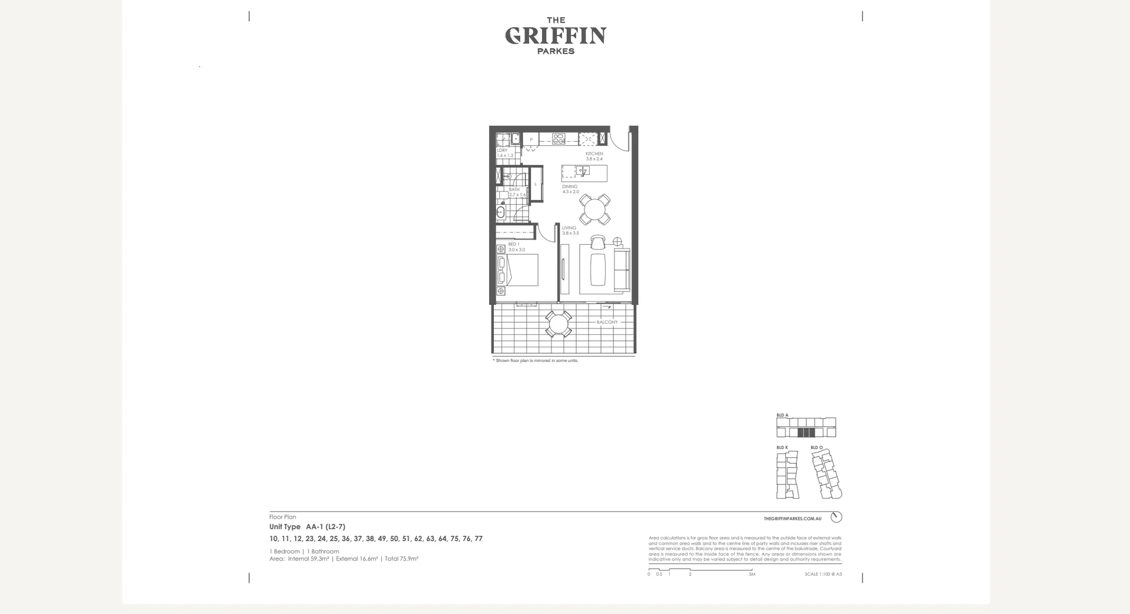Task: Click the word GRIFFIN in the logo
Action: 556,36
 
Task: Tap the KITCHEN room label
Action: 594,154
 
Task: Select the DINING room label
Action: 570,187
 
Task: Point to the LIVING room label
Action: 569,228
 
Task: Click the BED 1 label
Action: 514,244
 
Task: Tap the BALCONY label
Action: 607,322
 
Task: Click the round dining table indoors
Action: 594,209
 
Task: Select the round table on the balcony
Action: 558,324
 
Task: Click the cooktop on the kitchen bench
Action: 559,139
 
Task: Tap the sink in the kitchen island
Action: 583,171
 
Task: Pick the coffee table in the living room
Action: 598,268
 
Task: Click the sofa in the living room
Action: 621,269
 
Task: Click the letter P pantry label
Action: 531,140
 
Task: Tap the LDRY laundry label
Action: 502,150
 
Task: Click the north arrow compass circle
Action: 836,517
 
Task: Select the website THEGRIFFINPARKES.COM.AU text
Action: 792,519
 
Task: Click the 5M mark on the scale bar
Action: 752,574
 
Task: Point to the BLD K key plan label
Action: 782,447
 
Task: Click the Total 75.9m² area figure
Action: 401,559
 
